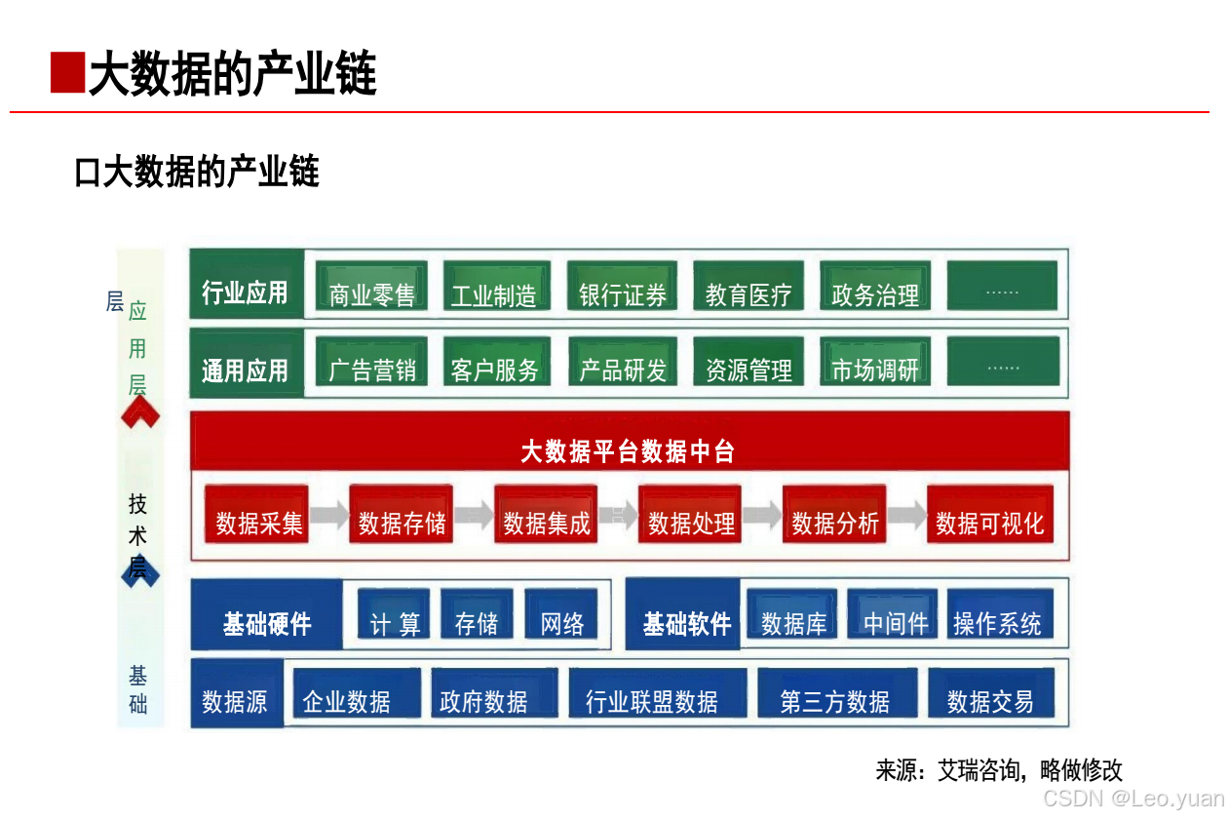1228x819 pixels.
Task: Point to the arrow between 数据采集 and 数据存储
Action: tap(329, 516)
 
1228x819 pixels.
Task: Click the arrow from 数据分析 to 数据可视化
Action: tap(906, 516)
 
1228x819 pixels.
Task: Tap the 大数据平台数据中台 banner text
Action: tap(628, 451)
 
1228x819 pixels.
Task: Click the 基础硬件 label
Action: tap(267, 624)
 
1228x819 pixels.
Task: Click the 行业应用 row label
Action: tap(245, 292)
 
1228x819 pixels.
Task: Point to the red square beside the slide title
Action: tap(67, 73)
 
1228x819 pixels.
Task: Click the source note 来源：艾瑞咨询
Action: tap(999, 770)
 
